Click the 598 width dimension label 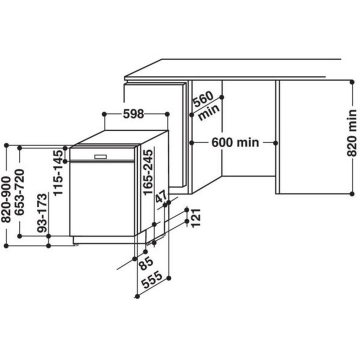coord(133,114)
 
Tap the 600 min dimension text coord(235,142)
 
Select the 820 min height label coord(351,133)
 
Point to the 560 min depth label coord(205,105)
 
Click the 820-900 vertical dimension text coord(6,199)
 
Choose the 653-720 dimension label coord(19,192)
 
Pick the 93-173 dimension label coord(42,213)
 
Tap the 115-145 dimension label coord(58,173)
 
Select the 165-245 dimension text coord(148,172)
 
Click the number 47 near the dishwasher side coord(161,196)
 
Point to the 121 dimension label coord(196,218)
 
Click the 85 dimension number coord(146,263)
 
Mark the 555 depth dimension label coord(152,280)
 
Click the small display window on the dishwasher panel coord(100,157)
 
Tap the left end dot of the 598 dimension coord(104,114)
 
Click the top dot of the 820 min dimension coord(352,82)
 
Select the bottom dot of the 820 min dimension coord(352,194)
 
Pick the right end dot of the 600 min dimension coord(275,143)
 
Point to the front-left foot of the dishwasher coord(75,244)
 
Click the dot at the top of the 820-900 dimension coord(6,145)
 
